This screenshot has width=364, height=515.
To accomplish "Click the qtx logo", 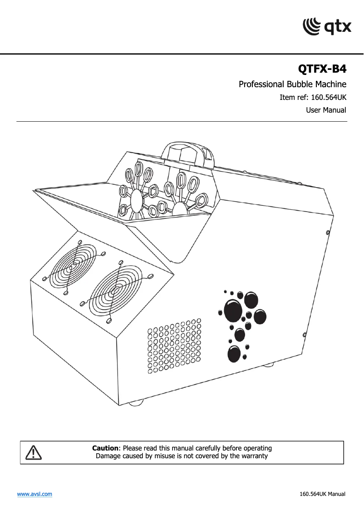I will [x=327, y=26].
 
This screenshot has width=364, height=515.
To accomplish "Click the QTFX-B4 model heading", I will [x=322, y=69].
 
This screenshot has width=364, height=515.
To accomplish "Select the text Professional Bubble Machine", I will [x=292, y=84].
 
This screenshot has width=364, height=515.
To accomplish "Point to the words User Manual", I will [x=326, y=110].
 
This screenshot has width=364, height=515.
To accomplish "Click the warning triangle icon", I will [x=34, y=452].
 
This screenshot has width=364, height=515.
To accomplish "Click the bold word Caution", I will [x=105, y=448].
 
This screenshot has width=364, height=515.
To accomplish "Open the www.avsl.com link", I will [x=34, y=494].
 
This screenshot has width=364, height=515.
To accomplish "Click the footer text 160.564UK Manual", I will [x=322, y=494].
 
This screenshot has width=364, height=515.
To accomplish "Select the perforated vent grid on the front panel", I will [x=174, y=346].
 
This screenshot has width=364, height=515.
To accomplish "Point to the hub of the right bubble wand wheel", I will [x=180, y=208].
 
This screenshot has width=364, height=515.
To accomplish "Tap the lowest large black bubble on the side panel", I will [x=234, y=353].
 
